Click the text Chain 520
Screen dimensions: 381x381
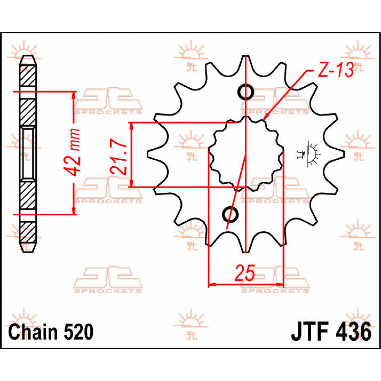pyautogui.click(x=51, y=332)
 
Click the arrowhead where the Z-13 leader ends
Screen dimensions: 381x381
pyautogui.click(x=265, y=118)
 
